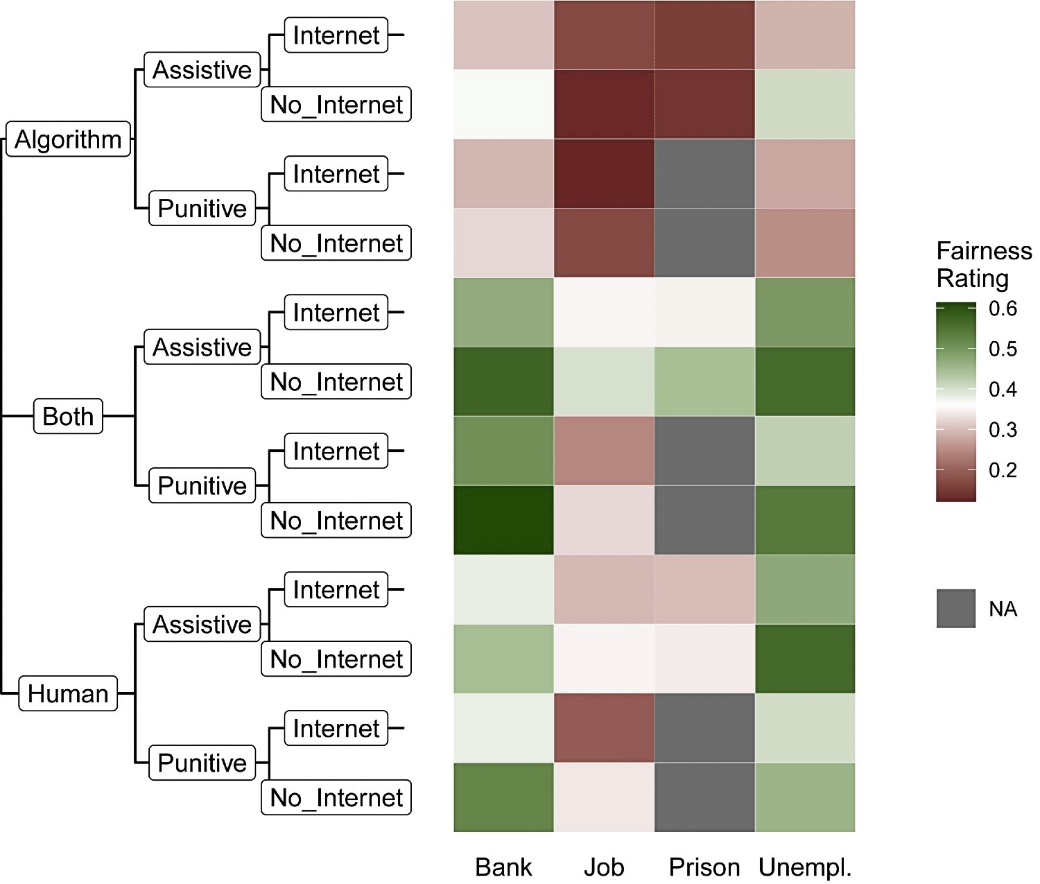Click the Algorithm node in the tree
point(68,139)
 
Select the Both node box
point(68,416)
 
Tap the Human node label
point(68,693)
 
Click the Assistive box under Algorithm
point(202,69)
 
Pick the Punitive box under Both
point(202,485)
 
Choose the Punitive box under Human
point(202,763)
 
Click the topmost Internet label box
point(336,35)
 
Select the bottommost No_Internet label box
point(336,797)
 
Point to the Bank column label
point(503,867)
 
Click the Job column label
point(604,867)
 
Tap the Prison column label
point(704,867)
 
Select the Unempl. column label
point(805,867)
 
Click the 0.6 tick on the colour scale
point(1003,309)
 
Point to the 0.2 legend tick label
point(1003,470)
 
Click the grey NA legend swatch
point(956,609)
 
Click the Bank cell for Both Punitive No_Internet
point(503,520)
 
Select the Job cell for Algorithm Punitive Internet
point(605,173)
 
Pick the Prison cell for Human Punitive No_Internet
point(704,797)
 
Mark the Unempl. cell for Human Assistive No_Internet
point(805,659)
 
